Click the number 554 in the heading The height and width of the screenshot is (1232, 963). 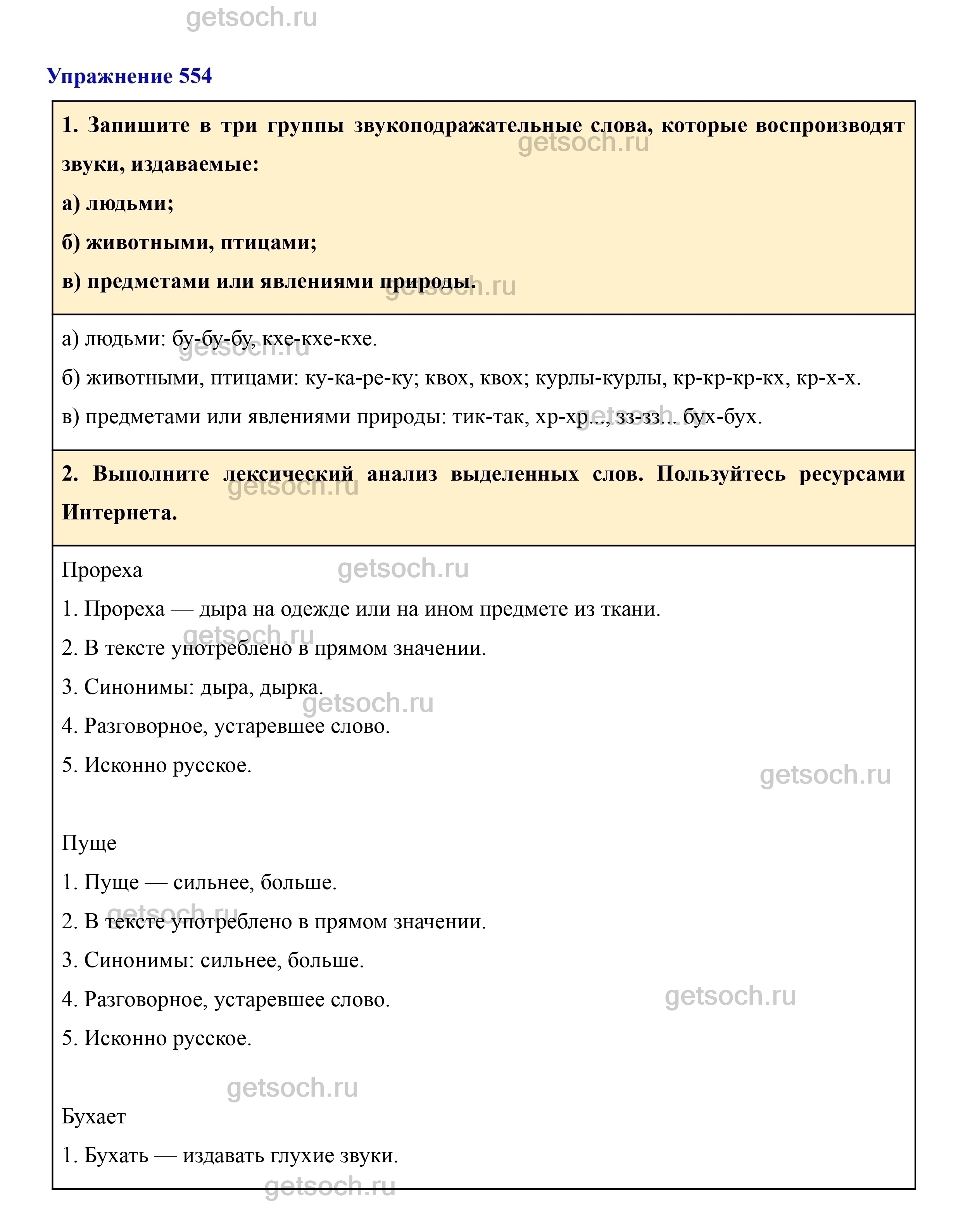click(x=195, y=76)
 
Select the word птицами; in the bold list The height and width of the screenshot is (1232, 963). click(x=268, y=242)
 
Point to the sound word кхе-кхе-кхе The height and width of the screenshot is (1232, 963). click(x=319, y=339)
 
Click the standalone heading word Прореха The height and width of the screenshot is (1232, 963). click(x=102, y=570)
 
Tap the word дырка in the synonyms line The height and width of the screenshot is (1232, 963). click(x=291, y=687)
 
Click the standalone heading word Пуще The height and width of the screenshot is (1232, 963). click(x=89, y=843)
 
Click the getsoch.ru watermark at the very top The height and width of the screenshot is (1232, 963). click(x=252, y=18)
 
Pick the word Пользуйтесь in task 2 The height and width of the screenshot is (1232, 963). click(x=721, y=474)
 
